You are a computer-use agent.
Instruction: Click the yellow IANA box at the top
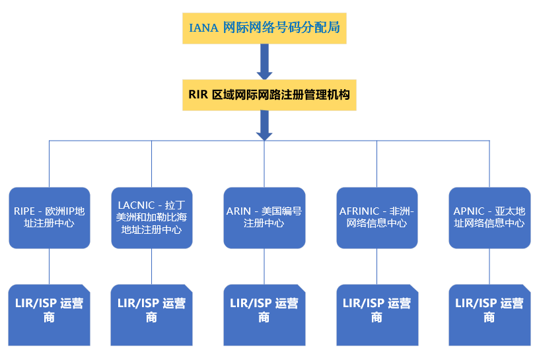tap(264, 28)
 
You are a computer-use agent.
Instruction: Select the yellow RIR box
tap(264, 94)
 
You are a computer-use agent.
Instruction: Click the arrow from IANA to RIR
tap(264, 61)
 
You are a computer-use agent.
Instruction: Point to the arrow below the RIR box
tap(264, 125)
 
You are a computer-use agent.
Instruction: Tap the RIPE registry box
tap(50, 217)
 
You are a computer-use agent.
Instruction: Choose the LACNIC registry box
tap(151, 217)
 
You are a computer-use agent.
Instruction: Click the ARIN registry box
tap(264, 217)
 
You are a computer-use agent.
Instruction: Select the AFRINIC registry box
tap(376, 217)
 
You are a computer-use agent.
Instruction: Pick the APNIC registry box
tap(489, 217)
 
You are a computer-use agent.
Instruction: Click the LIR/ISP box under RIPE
tap(50, 314)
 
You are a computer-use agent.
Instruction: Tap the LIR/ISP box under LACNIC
tap(151, 314)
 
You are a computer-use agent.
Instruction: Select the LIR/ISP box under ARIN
tap(264, 314)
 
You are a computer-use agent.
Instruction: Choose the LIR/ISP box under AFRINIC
tap(376, 314)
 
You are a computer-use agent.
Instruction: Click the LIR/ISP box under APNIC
tap(489, 314)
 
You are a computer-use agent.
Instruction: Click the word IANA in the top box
tap(203, 28)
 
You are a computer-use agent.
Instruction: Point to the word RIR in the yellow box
tap(198, 94)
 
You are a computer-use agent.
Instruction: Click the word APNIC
tap(468, 211)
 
